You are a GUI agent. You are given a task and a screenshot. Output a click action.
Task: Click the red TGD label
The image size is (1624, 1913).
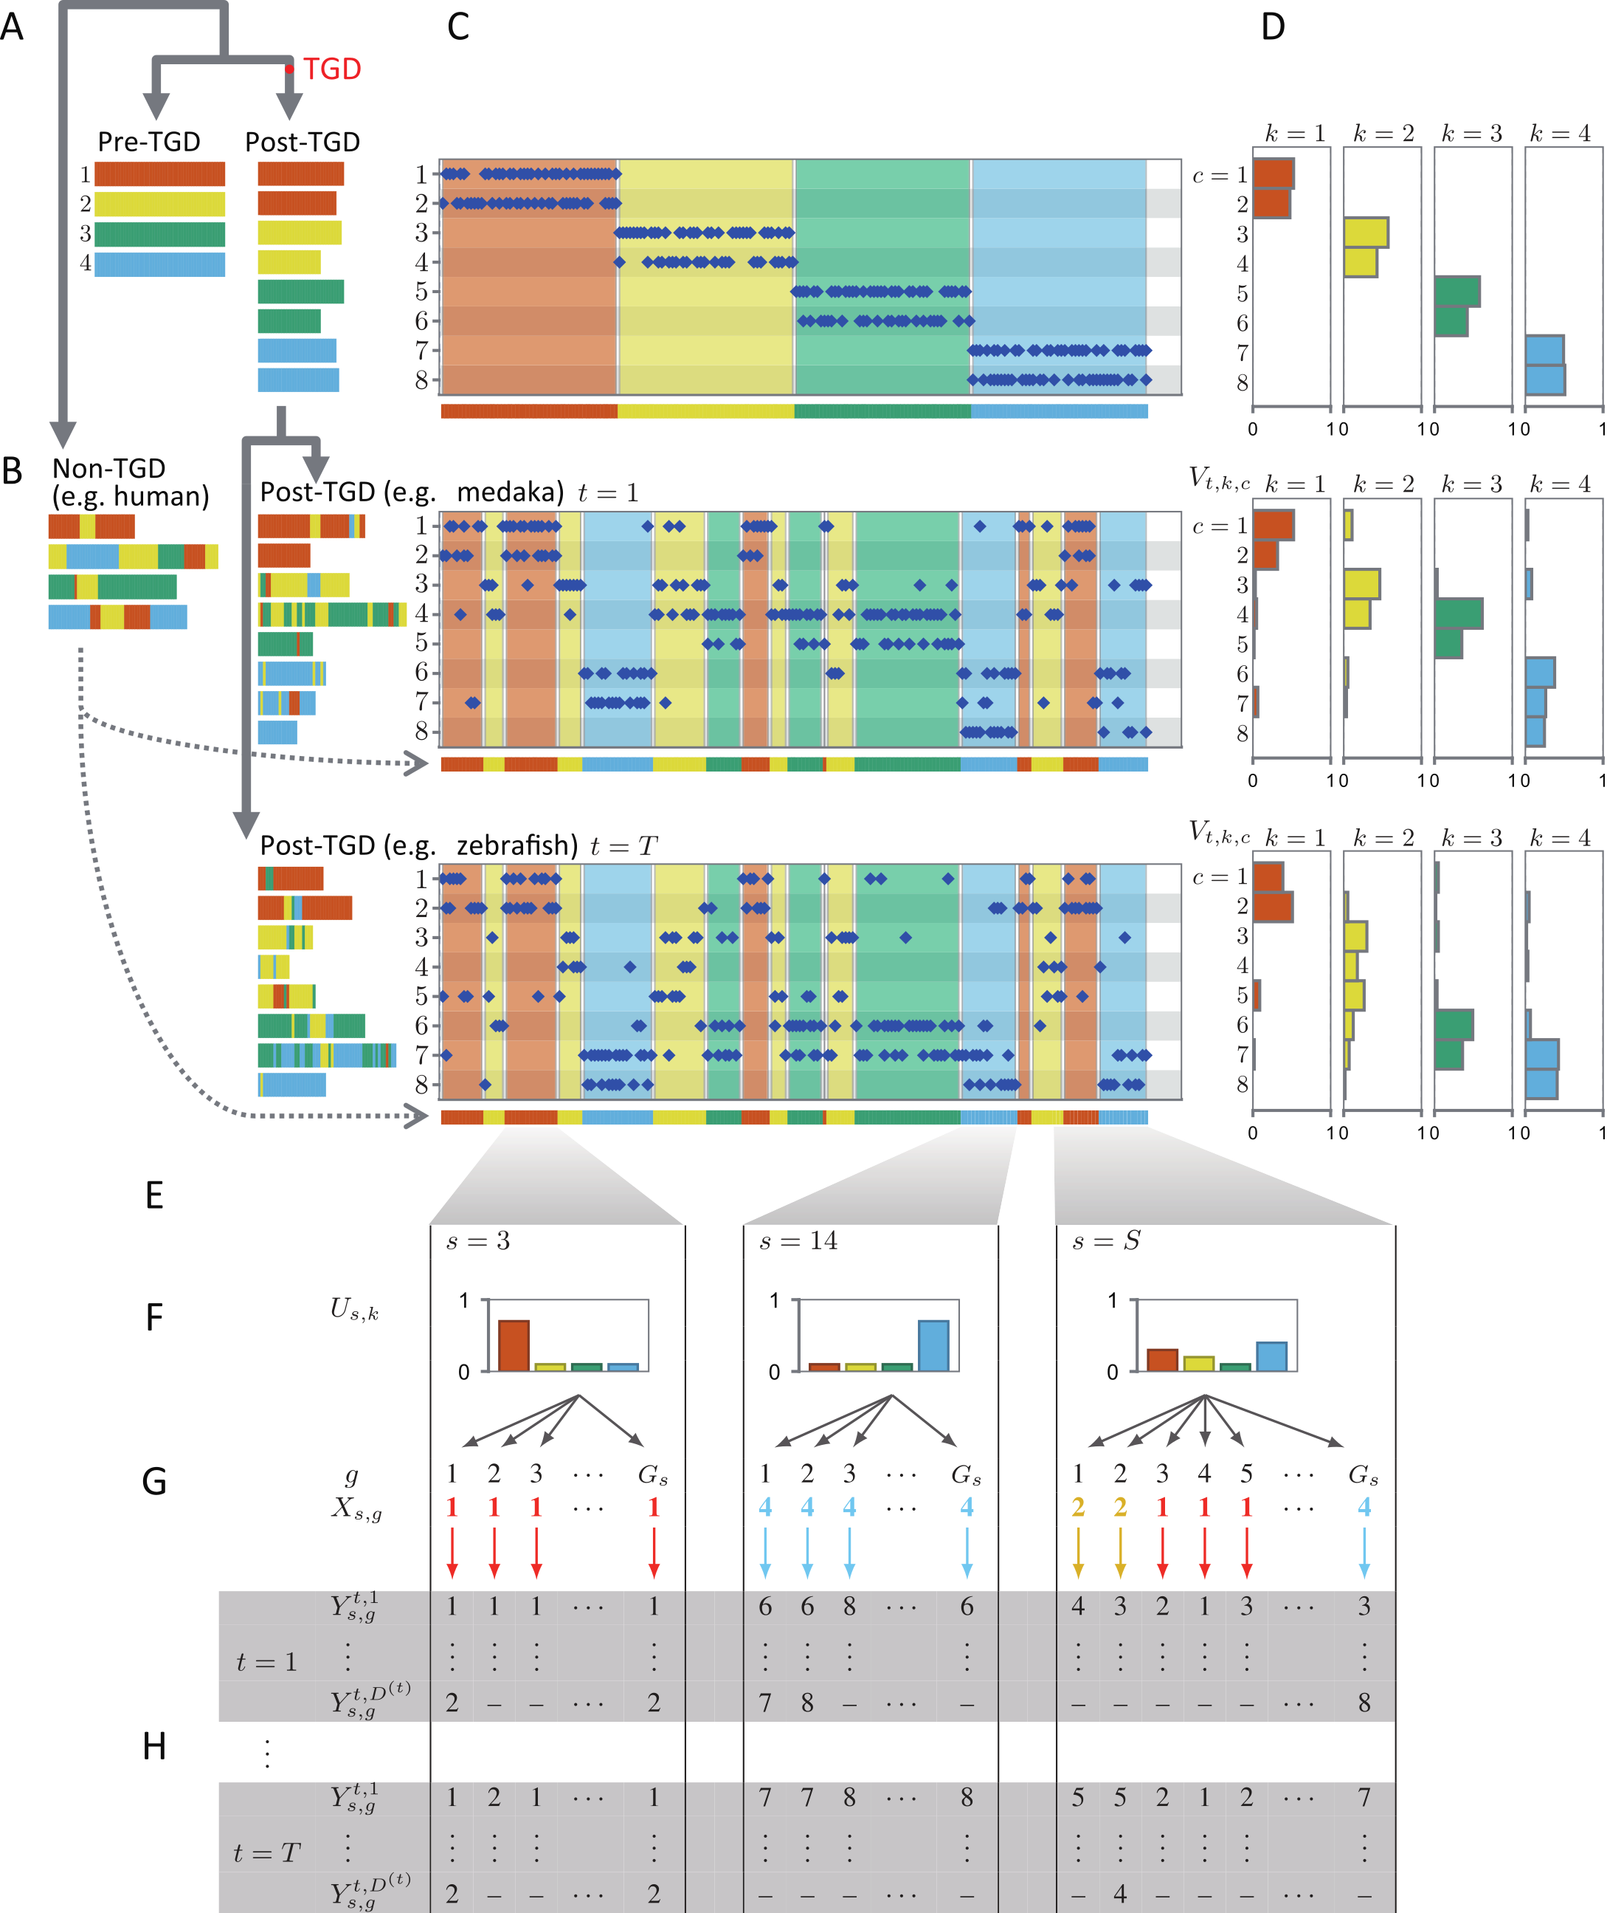click(331, 69)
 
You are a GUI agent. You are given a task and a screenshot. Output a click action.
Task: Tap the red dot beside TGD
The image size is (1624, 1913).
click(289, 69)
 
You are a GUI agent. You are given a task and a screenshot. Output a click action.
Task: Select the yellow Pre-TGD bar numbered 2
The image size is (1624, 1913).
click(159, 204)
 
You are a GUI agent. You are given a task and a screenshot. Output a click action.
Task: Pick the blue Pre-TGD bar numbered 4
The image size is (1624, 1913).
click(159, 264)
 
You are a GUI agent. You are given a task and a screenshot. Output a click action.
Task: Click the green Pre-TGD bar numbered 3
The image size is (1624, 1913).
click(159, 234)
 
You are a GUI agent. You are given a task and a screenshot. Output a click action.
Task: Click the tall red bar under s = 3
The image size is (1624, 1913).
click(514, 1346)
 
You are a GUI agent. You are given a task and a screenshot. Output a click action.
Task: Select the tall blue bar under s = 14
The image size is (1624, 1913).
click(933, 1346)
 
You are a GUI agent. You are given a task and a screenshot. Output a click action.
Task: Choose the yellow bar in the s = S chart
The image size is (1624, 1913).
click(1199, 1363)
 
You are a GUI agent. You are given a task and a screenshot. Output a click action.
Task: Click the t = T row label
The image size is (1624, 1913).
click(266, 1852)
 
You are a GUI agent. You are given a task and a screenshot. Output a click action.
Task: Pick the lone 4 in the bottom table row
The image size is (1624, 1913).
click(1120, 1894)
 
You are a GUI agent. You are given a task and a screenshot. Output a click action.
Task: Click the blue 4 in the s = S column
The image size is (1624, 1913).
click(1364, 1507)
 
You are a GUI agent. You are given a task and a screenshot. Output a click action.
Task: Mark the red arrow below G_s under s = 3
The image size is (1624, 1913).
click(654, 1553)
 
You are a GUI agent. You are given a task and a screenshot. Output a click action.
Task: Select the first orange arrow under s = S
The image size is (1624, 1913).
click(1078, 1553)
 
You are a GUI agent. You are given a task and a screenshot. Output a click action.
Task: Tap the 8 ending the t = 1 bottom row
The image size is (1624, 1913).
click(1364, 1703)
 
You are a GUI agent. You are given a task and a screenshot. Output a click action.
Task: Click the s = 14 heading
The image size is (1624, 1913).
click(798, 1240)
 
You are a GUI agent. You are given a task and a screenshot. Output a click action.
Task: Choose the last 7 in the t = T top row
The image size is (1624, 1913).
click(1364, 1797)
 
